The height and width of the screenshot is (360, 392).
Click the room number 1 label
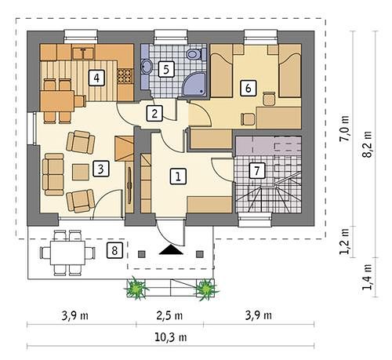[178, 176]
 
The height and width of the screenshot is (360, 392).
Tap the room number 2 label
[154, 114]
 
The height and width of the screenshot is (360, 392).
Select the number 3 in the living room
[101, 169]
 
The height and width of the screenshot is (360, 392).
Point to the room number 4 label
[96, 78]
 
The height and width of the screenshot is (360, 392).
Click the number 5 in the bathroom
[166, 69]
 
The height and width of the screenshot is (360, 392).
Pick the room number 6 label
[249, 88]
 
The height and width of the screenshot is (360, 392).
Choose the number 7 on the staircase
[256, 171]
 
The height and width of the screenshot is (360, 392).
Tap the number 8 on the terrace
[114, 250]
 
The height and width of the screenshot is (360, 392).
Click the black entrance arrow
[171, 249]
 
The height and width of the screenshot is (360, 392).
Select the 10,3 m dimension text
[171, 337]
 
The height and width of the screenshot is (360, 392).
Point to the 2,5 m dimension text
[169, 315]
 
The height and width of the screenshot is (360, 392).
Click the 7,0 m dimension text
[344, 129]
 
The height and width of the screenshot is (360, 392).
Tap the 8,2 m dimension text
[366, 144]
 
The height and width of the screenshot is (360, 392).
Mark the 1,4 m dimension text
[366, 277]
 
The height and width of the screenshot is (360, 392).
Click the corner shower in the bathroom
[194, 84]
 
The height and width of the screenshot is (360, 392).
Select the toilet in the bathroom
[195, 54]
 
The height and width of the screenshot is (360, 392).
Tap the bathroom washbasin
[147, 66]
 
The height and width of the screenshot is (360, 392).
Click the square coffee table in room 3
[80, 172]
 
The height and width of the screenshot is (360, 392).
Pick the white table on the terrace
[67, 253]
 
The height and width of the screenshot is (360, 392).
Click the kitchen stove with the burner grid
[125, 76]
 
